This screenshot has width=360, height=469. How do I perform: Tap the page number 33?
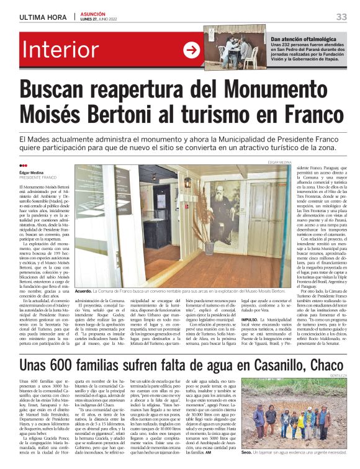[x=341, y=16]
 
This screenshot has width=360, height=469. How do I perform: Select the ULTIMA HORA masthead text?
[x=43, y=17]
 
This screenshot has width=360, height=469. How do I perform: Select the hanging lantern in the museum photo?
[x=187, y=182]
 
